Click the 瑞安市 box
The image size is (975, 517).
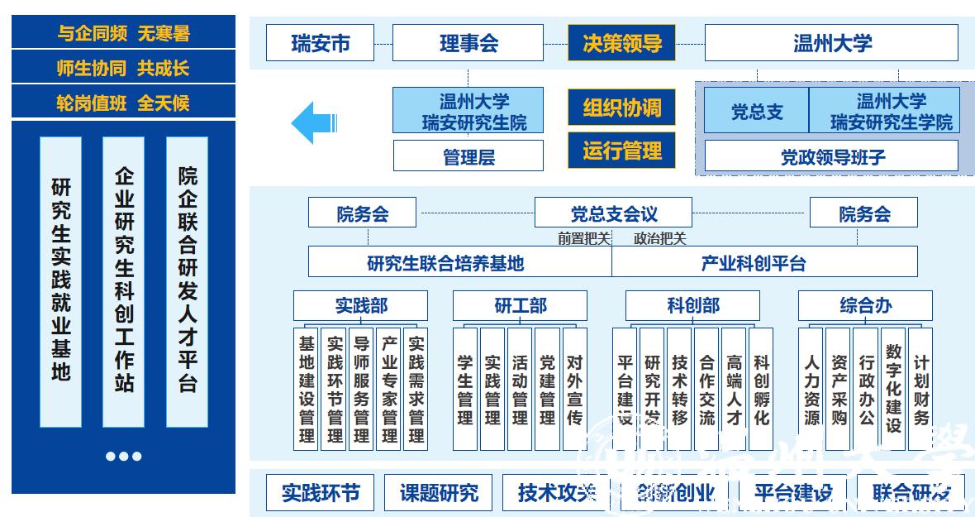[320, 42]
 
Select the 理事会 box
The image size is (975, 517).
[468, 42]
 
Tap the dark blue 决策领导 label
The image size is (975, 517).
[621, 42]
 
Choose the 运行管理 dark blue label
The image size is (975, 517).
[621, 151]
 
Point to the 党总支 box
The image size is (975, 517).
[756, 111]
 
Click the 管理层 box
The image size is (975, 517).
[468, 156]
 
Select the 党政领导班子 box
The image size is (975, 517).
[831, 156]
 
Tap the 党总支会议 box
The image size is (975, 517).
[614, 213]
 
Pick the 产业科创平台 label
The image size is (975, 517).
[764, 262]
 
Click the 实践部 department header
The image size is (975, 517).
[361, 306]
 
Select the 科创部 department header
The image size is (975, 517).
[692, 306]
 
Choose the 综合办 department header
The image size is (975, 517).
[865, 306]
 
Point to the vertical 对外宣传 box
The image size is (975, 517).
[575, 389]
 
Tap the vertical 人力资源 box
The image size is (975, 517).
[812, 389]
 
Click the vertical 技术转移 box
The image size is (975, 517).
[679, 389]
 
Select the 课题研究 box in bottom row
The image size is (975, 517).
[439, 493]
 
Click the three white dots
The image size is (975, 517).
[123, 457]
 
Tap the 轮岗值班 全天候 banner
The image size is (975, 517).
[123, 103]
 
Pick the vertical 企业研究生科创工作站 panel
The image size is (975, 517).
[123, 281]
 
